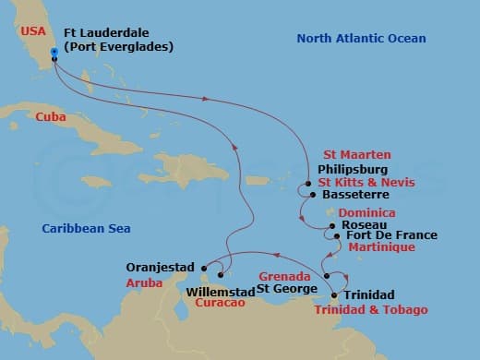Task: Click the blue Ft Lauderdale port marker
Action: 54,52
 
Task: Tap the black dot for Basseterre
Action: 312,195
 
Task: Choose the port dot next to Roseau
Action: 332,225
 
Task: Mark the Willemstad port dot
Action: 222,274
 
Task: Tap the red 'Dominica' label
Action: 368,212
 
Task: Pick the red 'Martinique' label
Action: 381,247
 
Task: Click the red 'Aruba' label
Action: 140,283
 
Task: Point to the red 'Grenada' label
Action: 279,276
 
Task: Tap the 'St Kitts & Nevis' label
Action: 366,183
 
